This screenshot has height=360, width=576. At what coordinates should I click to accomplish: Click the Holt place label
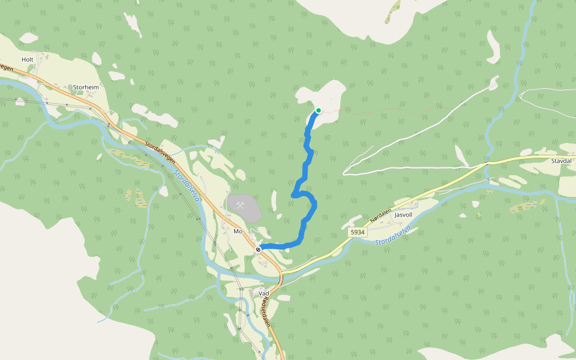(x=28, y=59)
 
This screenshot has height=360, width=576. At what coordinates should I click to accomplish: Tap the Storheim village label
(x=85, y=87)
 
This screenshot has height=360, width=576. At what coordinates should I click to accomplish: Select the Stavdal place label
(x=560, y=161)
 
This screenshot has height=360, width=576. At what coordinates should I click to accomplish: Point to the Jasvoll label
(x=404, y=214)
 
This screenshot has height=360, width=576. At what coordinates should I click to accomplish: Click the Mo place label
(x=237, y=231)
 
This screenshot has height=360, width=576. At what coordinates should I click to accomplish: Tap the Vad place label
(x=263, y=293)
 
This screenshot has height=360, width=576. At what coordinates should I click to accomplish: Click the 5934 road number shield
(x=358, y=231)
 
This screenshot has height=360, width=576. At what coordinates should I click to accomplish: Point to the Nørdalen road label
(x=380, y=216)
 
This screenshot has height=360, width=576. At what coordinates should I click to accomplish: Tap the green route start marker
(x=318, y=110)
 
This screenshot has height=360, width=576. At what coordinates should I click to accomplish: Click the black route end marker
(x=258, y=249)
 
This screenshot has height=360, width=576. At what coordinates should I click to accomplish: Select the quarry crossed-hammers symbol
(x=241, y=206)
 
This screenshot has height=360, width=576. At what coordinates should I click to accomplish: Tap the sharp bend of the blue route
(x=293, y=195)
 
